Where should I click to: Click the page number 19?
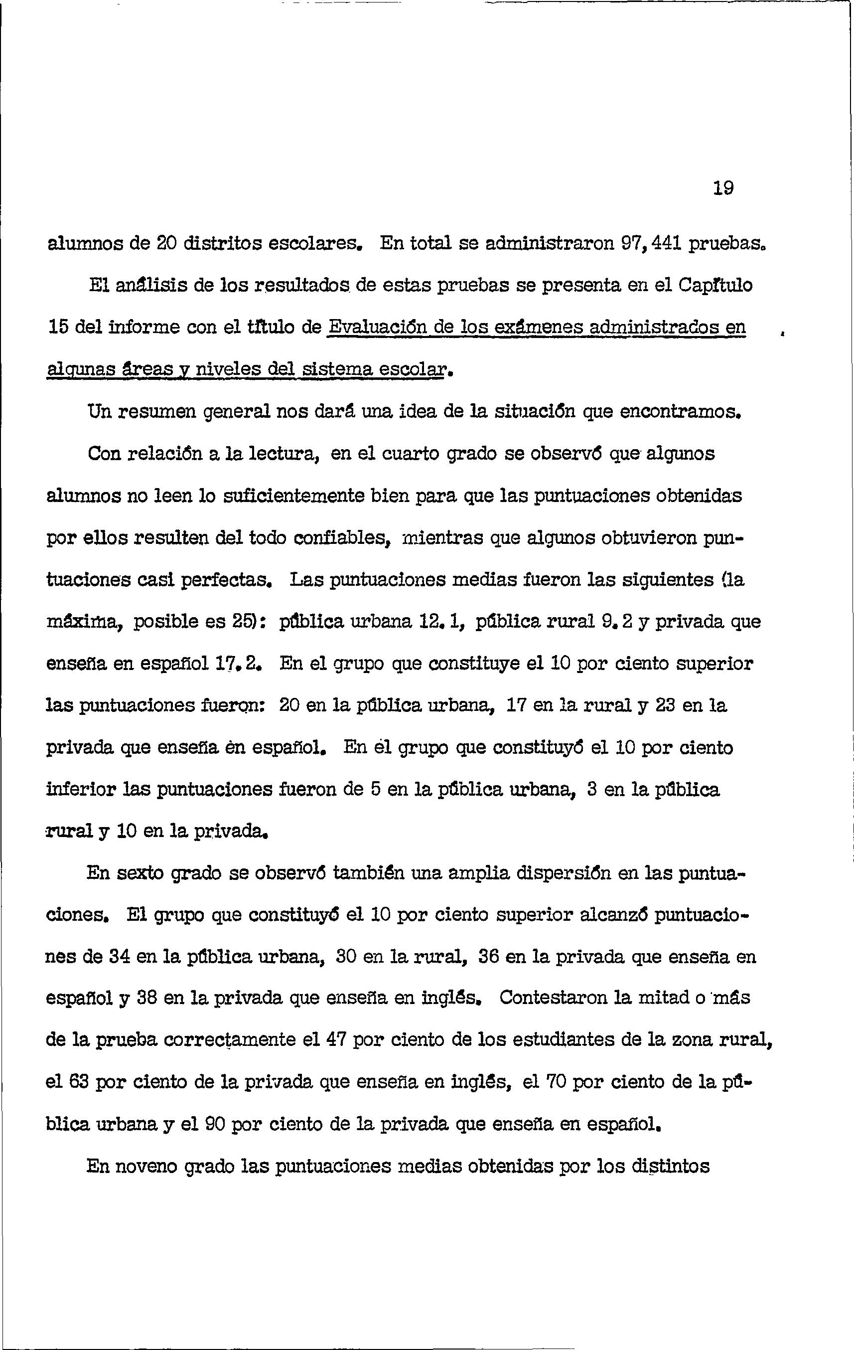pyautogui.click(x=723, y=188)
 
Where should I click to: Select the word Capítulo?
pyautogui.click(x=716, y=286)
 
